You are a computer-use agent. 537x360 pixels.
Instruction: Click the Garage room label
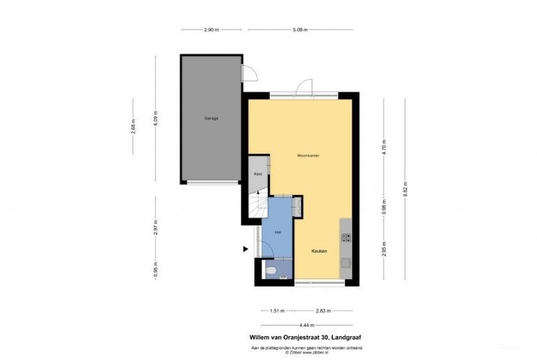[211, 118]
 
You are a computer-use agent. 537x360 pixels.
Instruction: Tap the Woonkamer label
[308, 155]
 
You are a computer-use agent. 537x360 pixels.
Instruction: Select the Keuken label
[319, 250]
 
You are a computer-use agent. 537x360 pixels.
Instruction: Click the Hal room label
[278, 231]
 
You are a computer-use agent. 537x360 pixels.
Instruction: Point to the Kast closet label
[257, 173]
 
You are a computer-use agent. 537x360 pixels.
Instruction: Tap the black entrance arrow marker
[245, 248]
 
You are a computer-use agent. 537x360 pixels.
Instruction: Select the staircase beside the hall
[256, 207]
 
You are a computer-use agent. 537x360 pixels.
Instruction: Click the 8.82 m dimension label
[405, 189]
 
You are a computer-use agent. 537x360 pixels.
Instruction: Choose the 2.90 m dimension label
[211, 30]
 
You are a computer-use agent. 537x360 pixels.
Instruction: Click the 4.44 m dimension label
[305, 325]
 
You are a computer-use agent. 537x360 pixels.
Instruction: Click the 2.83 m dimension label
[323, 311]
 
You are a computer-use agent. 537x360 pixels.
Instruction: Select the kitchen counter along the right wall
[345, 249]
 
